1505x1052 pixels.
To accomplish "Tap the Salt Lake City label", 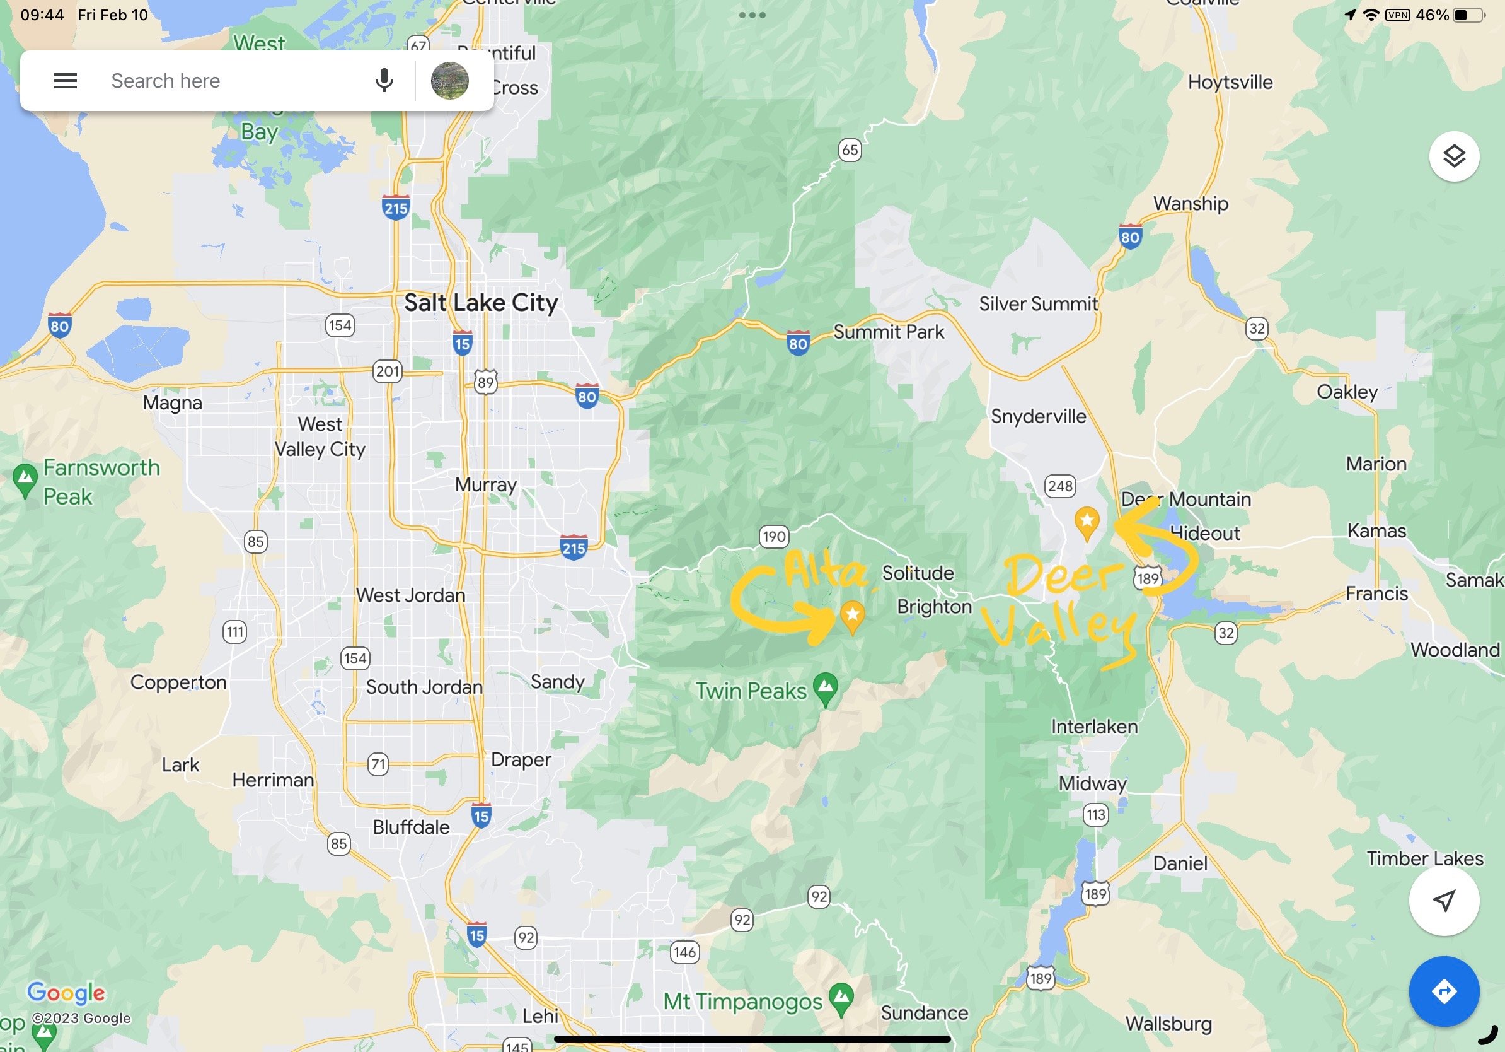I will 480,303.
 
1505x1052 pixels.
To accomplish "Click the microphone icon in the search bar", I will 384,81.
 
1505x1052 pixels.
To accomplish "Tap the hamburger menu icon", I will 66,81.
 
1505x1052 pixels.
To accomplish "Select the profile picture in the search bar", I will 449,81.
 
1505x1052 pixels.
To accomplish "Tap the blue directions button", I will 1443,990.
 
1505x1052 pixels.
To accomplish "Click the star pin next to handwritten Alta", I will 852,615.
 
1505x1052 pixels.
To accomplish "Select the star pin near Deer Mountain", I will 1087,522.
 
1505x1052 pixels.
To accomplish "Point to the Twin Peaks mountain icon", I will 825,687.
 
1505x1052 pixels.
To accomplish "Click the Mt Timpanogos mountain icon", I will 841,998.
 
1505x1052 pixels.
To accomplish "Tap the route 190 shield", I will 773,537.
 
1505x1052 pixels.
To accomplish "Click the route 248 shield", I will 1060,486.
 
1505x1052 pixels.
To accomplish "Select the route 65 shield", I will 850,150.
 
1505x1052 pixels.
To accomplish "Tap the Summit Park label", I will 888,332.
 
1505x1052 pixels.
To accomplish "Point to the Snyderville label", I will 1038,416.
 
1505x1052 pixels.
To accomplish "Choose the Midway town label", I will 1092,783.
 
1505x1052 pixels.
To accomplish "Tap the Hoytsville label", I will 1230,82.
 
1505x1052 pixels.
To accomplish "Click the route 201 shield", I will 387,371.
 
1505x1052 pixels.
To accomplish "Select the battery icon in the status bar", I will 1468,15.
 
